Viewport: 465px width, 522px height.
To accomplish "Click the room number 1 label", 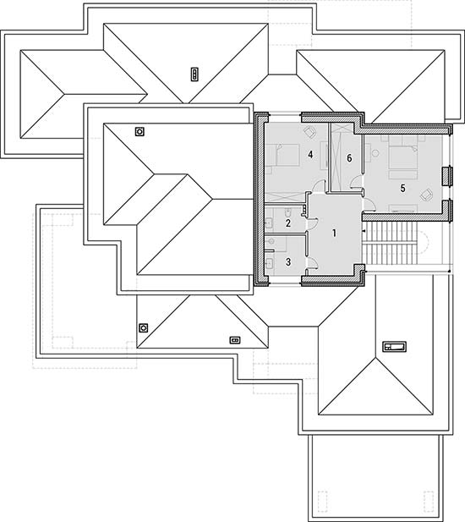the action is [334, 233].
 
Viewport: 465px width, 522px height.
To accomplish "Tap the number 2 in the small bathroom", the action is [288, 223].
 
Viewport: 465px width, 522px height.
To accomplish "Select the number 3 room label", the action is [288, 262].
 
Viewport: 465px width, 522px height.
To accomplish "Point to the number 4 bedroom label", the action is [310, 155].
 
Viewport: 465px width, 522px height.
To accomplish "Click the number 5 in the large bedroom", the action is [402, 189].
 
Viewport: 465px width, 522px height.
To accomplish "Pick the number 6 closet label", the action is [349, 158].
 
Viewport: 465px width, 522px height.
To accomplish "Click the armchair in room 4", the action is [310, 132].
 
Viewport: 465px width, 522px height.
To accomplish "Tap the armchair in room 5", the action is [426, 195].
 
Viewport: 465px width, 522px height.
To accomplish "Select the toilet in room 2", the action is [288, 212].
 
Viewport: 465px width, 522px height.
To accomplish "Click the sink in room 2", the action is [269, 223].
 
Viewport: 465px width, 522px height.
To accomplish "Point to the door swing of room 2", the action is [313, 223].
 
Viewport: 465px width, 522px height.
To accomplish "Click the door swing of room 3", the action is [313, 262].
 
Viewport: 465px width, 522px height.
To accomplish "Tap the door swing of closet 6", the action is [355, 183].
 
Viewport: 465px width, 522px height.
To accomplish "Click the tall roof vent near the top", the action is [194, 74].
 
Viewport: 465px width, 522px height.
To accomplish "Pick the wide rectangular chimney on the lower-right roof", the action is [394, 347].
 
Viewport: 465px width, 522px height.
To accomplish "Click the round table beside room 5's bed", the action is [375, 153].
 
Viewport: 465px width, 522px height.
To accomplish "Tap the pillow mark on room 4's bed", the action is [279, 155].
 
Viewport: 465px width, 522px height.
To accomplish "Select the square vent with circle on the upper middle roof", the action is [139, 132].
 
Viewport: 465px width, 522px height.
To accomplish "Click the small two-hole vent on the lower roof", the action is [235, 340].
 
